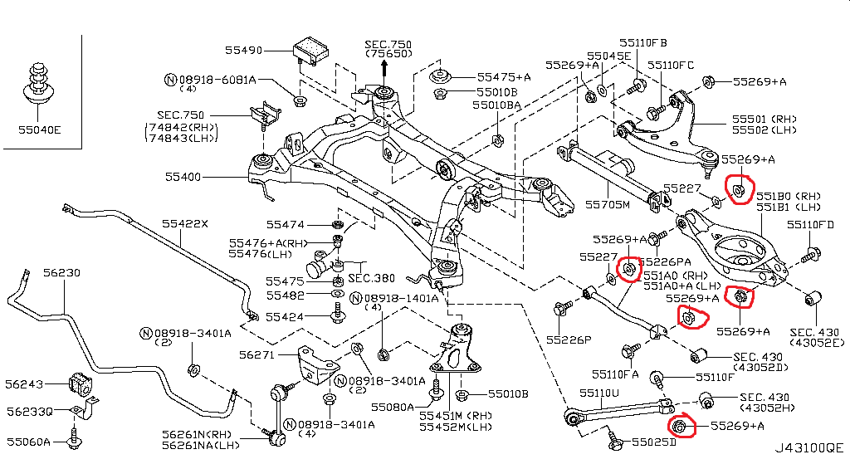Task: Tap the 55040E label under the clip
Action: (x=40, y=129)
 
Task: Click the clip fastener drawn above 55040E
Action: (x=37, y=83)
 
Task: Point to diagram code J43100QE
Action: (x=808, y=447)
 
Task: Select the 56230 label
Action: (x=61, y=272)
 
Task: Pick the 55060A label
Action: (x=29, y=442)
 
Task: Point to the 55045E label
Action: (x=610, y=56)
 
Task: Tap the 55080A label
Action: (x=391, y=407)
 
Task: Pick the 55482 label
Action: (x=285, y=295)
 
